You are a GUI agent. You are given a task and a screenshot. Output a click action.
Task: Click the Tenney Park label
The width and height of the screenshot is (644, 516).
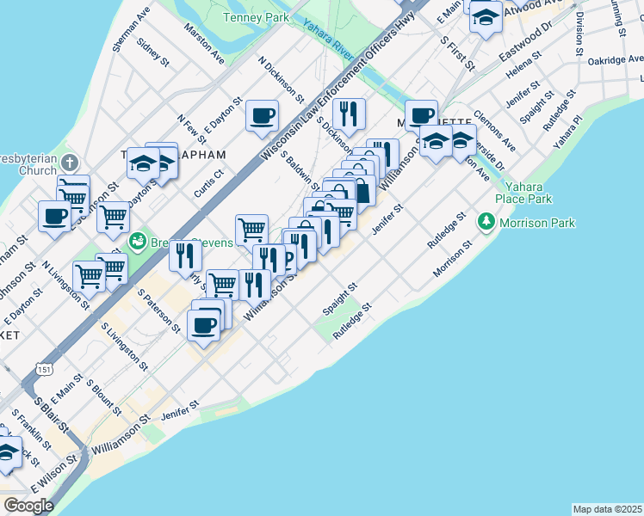(255, 17)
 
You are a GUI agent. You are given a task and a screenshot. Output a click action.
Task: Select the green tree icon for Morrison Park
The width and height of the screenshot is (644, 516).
(486, 223)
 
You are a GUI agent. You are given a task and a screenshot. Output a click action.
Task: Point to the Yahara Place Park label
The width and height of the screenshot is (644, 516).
(528, 193)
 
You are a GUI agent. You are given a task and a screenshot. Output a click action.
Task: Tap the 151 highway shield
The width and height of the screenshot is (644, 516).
(42, 368)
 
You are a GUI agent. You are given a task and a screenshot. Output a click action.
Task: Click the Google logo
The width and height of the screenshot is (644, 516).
(28, 505)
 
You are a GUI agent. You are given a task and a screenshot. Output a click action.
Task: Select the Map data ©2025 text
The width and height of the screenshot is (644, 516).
(607, 509)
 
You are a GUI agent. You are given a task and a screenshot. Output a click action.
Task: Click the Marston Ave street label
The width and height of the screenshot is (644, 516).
(204, 42)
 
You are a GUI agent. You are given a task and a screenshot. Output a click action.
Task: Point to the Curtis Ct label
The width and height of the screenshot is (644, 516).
(208, 183)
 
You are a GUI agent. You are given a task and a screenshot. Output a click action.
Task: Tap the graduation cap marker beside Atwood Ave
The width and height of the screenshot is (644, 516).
(486, 17)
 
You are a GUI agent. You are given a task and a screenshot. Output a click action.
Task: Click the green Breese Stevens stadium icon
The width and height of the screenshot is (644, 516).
(136, 243)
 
